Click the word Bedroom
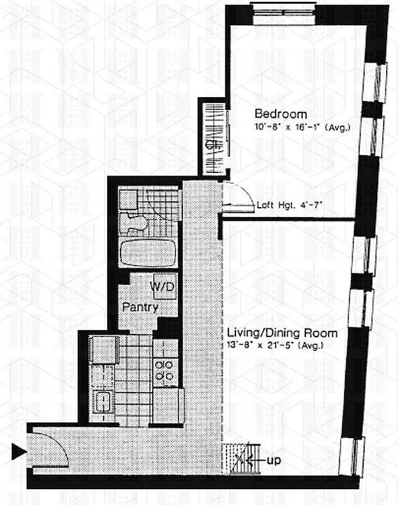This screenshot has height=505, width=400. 281,114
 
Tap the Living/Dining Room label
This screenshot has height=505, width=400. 281,333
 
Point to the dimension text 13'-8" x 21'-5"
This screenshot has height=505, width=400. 278,345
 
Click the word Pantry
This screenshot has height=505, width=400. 141,308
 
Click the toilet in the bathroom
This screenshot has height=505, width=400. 134,222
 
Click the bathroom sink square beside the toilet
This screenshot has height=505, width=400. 129,199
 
